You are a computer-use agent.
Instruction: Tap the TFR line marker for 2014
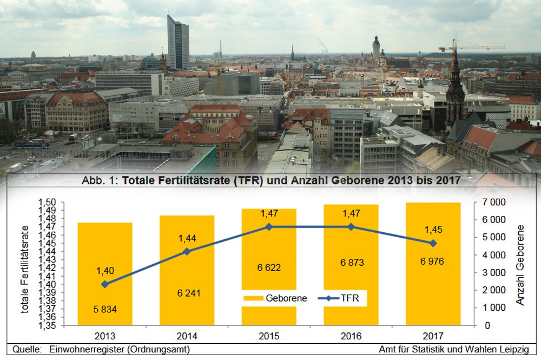[x=187, y=251]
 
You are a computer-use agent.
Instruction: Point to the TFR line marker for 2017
[x=433, y=243]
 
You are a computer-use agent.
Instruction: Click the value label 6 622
[x=269, y=267]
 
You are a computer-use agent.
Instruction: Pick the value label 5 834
[x=105, y=310]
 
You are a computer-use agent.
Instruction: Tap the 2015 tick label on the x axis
[x=269, y=336]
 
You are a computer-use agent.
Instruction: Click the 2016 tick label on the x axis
[x=351, y=336]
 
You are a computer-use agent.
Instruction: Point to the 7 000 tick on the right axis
[x=494, y=202]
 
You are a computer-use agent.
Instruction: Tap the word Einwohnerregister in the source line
[x=82, y=350]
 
